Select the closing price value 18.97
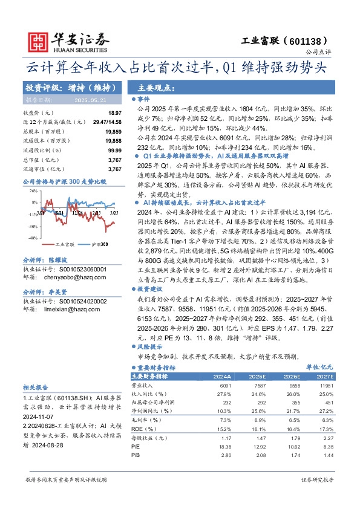(x=114, y=113)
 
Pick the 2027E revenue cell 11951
(x=326, y=385)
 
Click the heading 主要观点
(x=152, y=87)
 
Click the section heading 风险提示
(x=149, y=348)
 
